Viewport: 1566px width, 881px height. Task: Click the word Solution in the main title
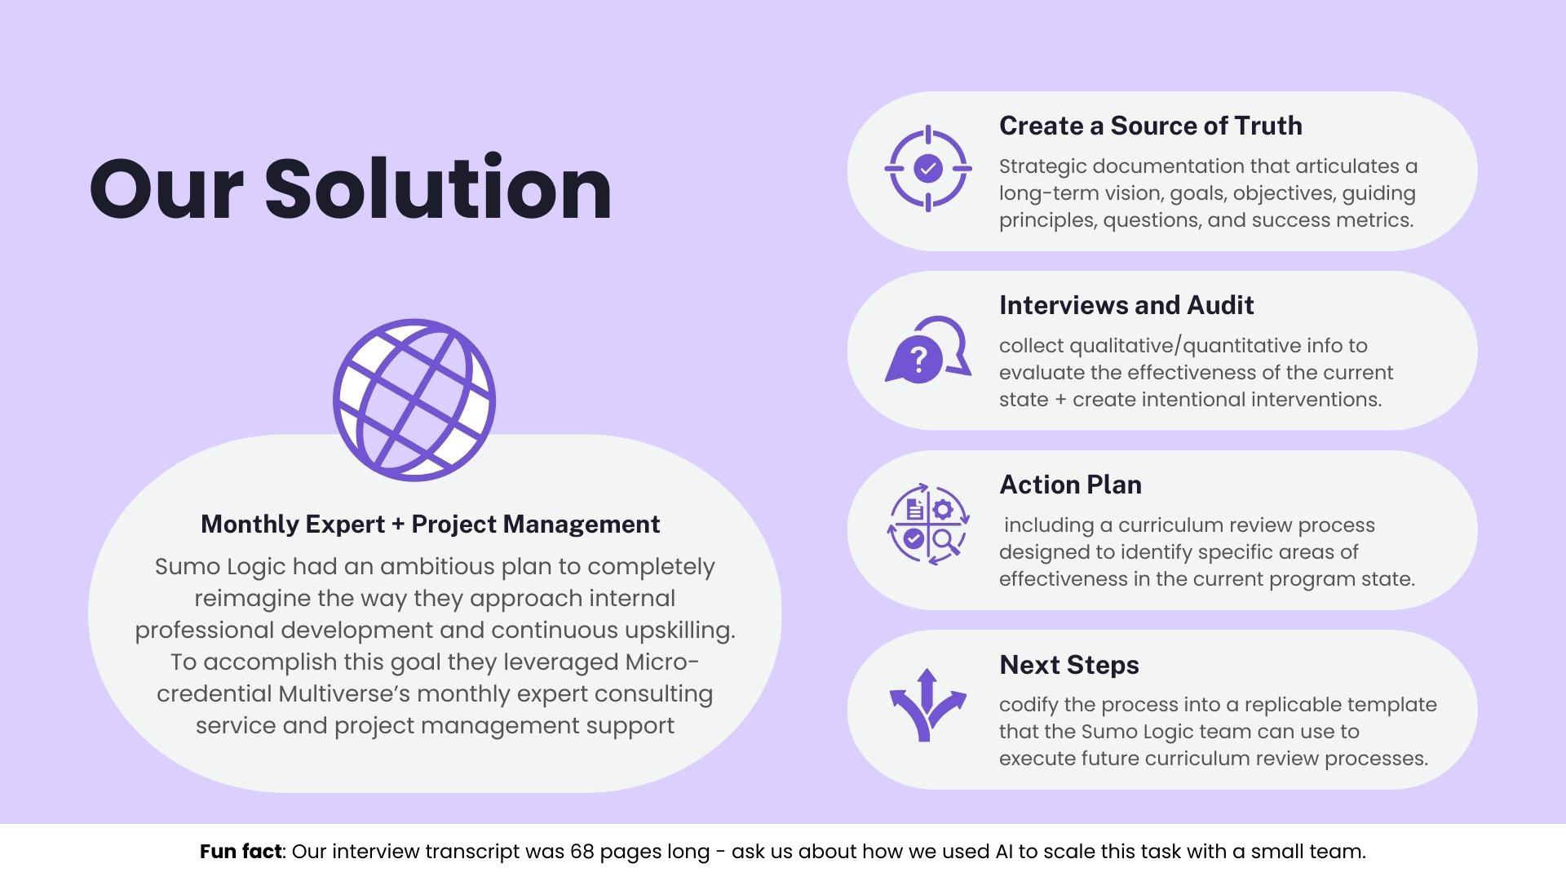point(438,188)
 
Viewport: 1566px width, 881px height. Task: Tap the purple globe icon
point(414,400)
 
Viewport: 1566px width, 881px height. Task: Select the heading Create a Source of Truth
point(1150,126)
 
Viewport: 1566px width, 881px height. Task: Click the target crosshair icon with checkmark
point(928,169)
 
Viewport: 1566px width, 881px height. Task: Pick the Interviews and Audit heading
point(1126,305)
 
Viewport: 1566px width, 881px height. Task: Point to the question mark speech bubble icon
point(927,350)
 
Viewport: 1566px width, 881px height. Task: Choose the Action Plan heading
point(1070,485)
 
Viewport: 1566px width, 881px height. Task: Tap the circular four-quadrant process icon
point(928,524)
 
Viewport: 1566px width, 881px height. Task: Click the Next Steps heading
point(1068,665)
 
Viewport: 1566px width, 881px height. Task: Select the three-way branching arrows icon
point(927,706)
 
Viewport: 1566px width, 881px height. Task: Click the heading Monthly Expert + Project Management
point(430,524)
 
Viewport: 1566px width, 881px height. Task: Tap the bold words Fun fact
point(241,852)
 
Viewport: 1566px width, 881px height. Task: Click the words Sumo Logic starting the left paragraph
point(220,566)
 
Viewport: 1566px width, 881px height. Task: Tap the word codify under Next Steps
point(1029,705)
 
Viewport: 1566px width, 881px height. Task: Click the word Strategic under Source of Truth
point(1042,166)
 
